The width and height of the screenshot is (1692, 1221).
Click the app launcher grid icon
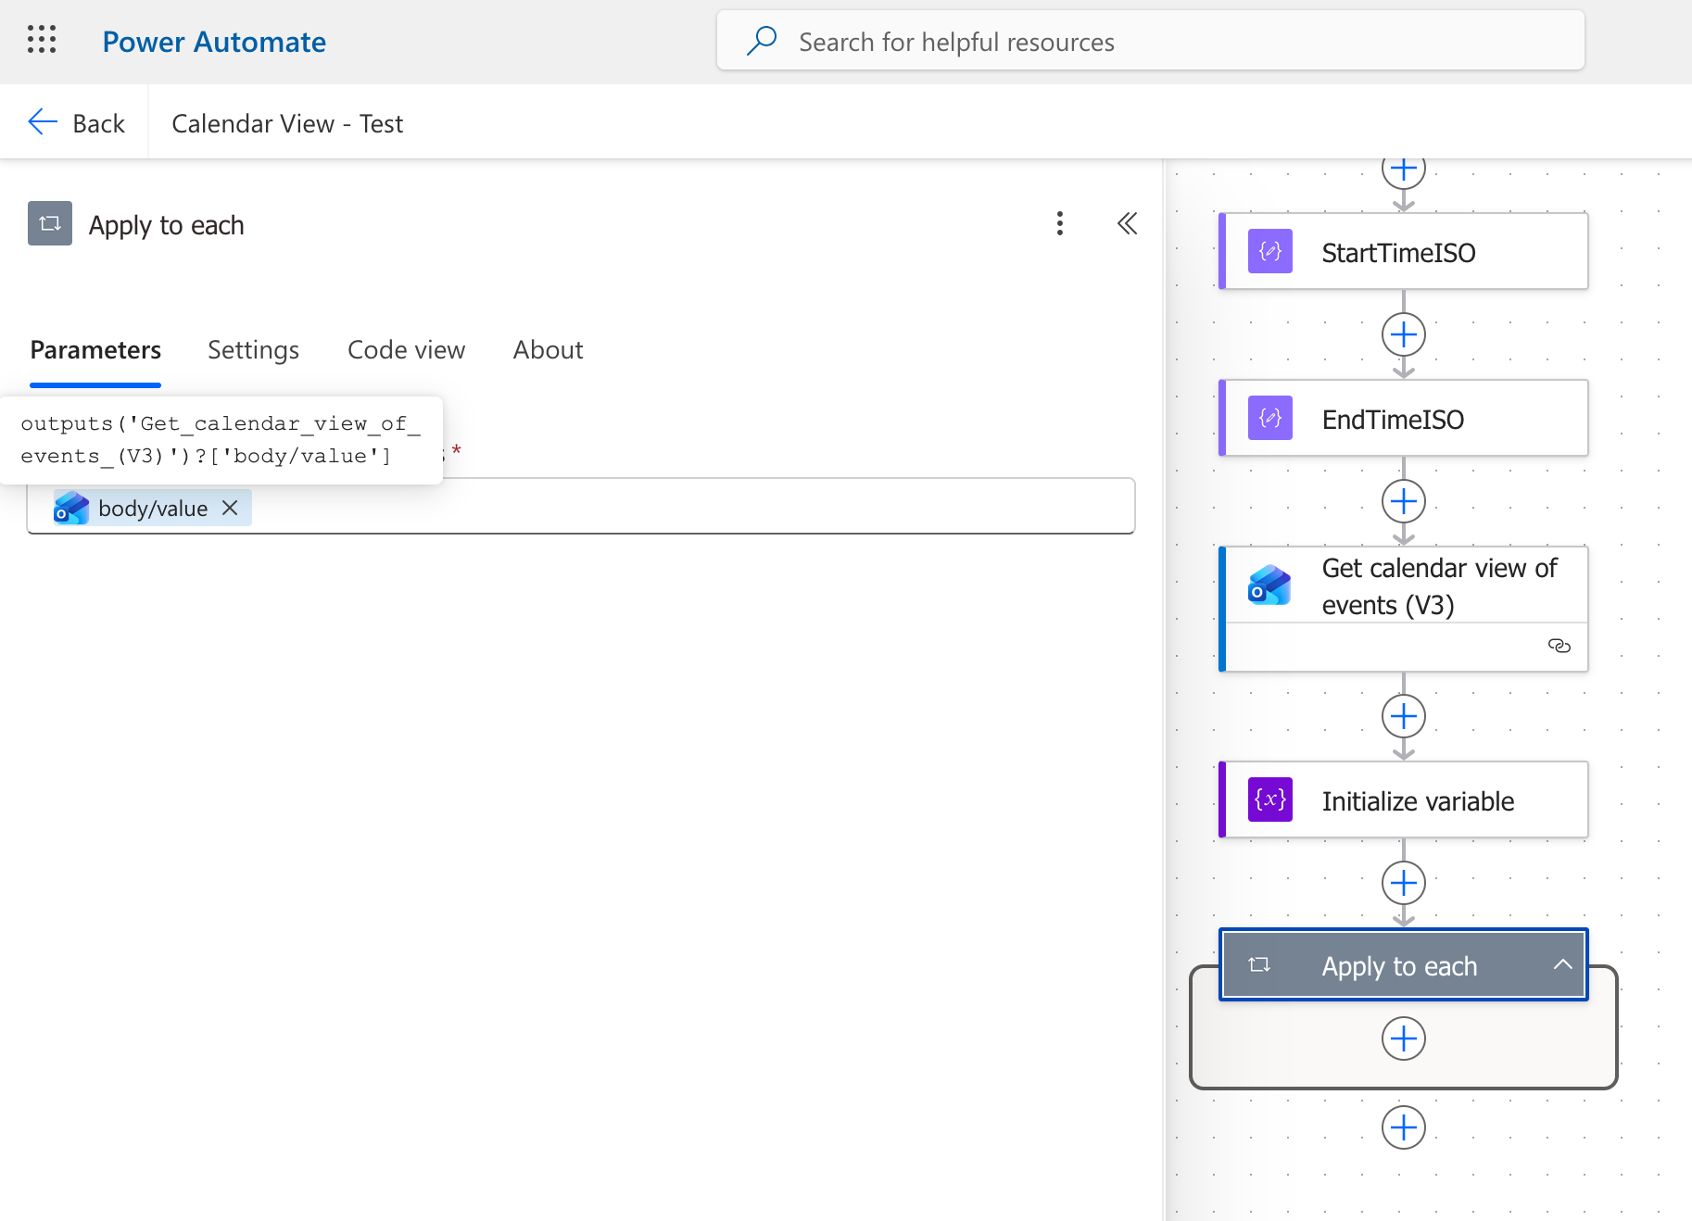click(x=42, y=40)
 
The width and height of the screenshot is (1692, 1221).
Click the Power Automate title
click(x=214, y=42)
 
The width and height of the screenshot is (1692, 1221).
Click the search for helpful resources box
click(x=1150, y=41)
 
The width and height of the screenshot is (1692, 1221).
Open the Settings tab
click(x=253, y=350)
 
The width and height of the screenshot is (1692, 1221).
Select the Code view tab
click(x=406, y=350)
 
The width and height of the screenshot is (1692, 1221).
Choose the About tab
click(x=548, y=350)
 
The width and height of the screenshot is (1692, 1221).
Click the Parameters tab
click(x=95, y=350)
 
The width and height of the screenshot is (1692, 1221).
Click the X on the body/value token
click(x=230, y=508)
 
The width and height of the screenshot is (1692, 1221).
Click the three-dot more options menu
click(x=1060, y=223)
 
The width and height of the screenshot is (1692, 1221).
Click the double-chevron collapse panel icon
click(x=1127, y=223)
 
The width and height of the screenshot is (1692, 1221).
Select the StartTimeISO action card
click(x=1403, y=252)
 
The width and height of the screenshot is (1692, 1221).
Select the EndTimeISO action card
click(x=1403, y=419)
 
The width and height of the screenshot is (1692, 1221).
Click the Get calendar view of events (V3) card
click(x=1403, y=609)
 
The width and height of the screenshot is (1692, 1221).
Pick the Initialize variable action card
click(x=1403, y=800)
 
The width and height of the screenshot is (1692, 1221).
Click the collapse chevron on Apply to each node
click(x=1562, y=964)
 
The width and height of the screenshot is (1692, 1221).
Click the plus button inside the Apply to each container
click(x=1404, y=1038)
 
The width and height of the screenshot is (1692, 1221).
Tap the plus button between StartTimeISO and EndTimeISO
click(x=1404, y=334)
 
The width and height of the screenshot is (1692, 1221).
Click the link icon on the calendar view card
click(x=1559, y=646)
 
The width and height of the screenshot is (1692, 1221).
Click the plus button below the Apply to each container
click(x=1404, y=1127)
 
